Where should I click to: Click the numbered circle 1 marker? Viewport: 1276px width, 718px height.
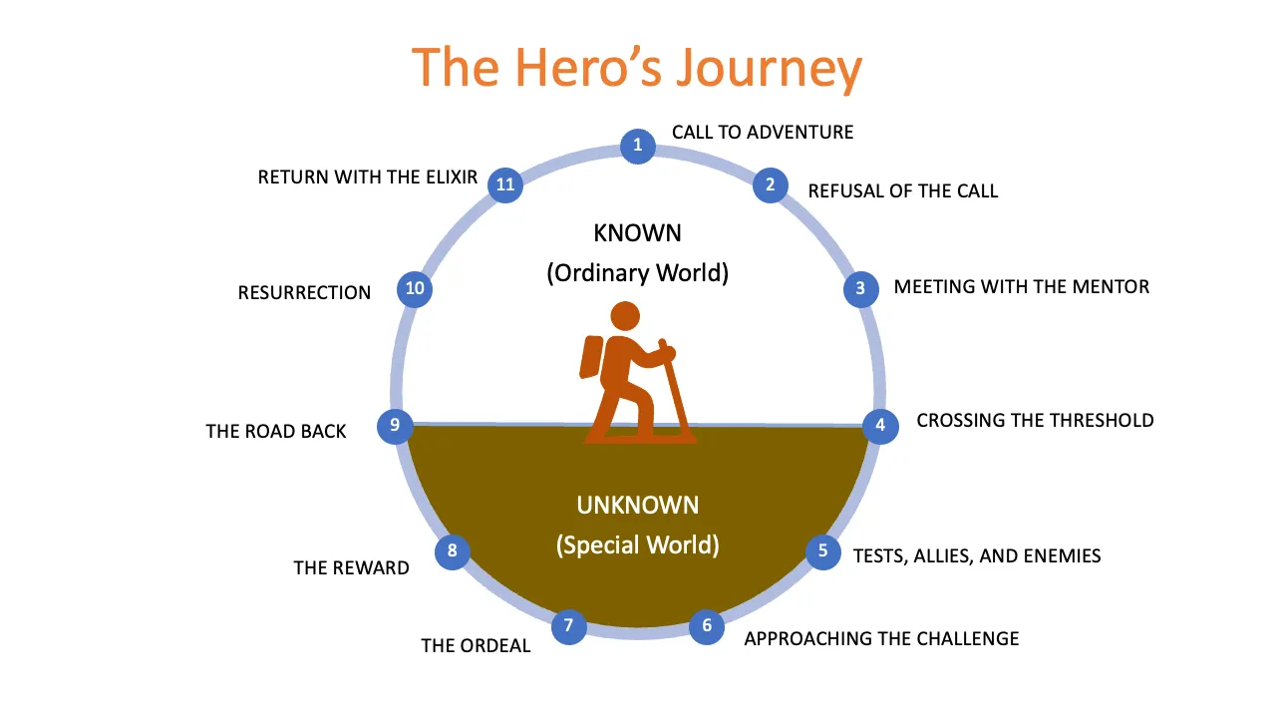[638, 147]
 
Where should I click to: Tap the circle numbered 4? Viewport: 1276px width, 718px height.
[880, 426]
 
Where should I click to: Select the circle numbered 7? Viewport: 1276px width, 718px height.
[568, 626]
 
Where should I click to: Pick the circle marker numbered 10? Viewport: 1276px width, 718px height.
[415, 289]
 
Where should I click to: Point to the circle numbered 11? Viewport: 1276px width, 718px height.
[505, 184]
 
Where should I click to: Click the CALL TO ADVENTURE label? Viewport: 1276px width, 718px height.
[763, 132]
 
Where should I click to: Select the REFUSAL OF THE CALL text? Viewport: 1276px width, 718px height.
[903, 190]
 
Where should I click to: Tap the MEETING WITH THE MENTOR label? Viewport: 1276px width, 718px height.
[1021, 287]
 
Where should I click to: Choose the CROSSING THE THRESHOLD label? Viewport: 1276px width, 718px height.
[1035, 420]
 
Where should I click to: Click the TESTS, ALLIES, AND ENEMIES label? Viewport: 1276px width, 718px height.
[977, 555]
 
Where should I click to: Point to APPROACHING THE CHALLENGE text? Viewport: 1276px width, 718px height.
[881, 638]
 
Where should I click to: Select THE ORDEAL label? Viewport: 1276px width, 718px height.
[476, 645]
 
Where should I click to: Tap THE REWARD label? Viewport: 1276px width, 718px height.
[351, 567]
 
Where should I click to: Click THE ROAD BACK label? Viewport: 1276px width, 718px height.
[276, 431]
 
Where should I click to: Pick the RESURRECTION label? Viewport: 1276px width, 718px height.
[304, 292]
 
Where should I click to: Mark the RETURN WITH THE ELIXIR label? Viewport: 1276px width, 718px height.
[368, 178]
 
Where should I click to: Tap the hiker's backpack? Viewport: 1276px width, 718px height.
[591, 357]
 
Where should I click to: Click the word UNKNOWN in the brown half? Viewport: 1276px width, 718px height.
[637, 504]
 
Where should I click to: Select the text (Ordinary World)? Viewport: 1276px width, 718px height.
[637, 272]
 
